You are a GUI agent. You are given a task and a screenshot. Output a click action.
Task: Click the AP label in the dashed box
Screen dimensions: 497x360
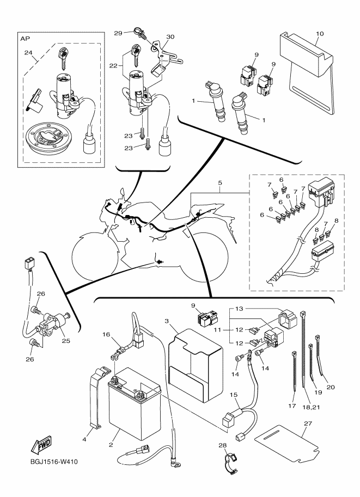[25, 40]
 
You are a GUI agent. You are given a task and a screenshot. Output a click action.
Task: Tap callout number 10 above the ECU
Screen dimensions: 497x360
[320, 34]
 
